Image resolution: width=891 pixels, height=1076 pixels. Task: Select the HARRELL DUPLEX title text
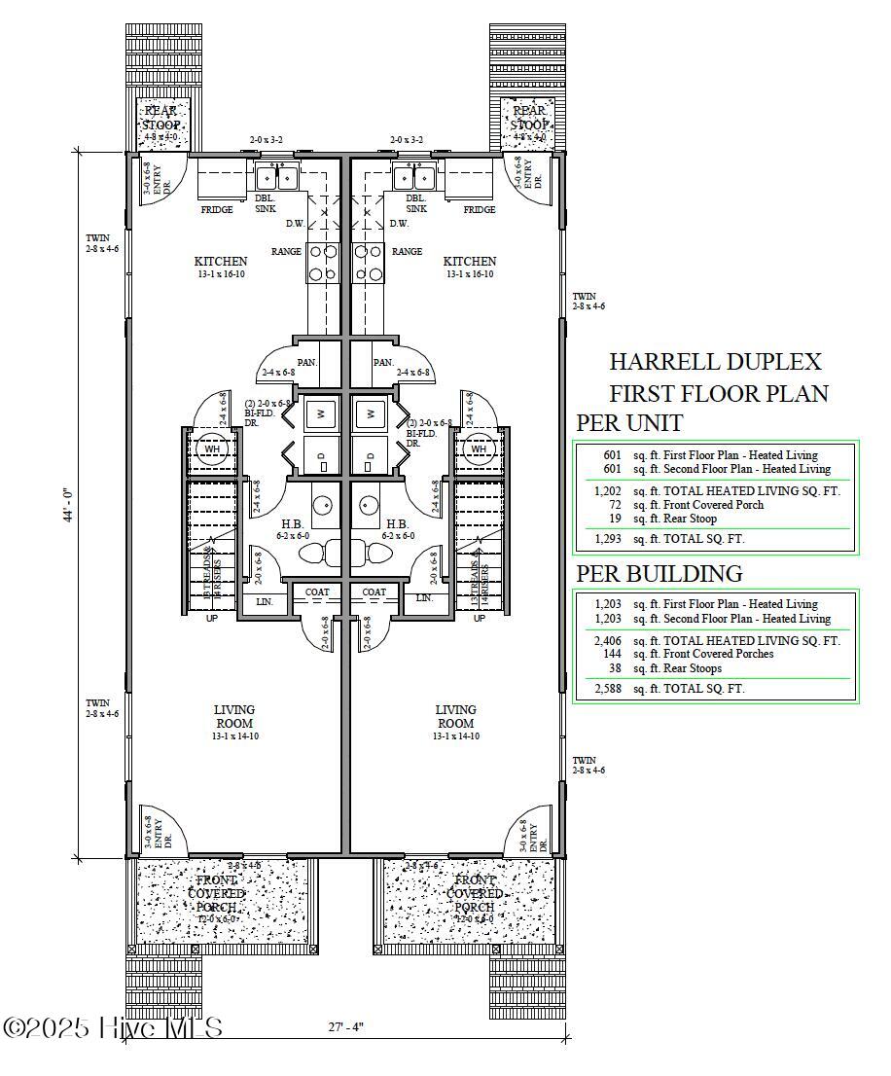715,362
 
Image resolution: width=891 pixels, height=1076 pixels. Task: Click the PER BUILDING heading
659,573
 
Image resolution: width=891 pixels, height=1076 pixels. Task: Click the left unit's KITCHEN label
221,261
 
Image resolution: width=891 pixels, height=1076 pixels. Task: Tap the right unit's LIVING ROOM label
455,716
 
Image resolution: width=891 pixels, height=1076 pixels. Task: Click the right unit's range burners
369,262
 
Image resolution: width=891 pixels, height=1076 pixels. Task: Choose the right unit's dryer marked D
371,455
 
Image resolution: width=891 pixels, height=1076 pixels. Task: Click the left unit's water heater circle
212,449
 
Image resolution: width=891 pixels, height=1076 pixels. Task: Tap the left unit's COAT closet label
317,592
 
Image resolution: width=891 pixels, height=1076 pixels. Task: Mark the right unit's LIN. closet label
424,598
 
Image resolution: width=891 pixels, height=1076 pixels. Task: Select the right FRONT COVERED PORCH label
475,893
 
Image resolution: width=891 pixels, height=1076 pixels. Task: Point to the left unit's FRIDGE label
216,210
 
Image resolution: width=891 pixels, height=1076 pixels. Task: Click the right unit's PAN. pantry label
382,362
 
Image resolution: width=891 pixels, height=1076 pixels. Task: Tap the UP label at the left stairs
212,618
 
